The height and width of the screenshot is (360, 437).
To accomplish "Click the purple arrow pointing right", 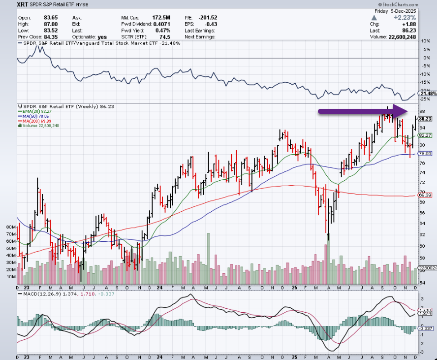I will click(x=362, y=111).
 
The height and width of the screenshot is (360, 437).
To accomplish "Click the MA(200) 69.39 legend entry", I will click(x=37, y=121).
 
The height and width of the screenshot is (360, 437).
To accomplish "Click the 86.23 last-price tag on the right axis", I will click(x=425, y=119).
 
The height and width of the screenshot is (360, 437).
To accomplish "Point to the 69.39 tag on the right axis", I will click(x=425, y=195).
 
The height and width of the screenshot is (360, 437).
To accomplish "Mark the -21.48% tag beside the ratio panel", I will click(x=427, y=94).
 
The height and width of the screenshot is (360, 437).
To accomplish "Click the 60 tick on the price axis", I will click(x=422, y=246).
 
